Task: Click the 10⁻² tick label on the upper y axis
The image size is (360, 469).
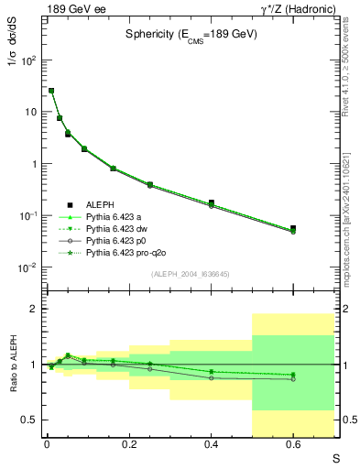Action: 27,267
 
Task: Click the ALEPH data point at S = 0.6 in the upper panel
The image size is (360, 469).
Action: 293,228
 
